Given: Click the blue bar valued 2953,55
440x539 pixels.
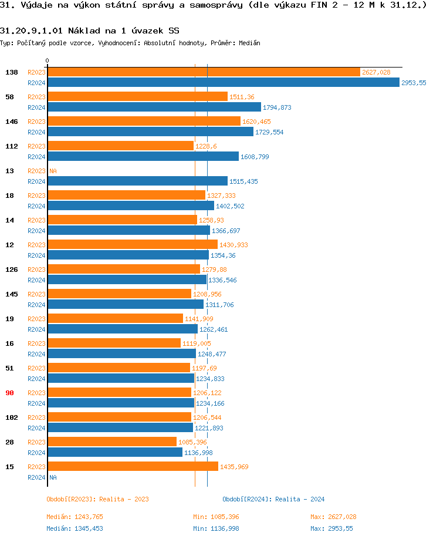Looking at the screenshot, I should [223, 83].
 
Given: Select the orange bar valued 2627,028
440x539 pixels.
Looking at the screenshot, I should [204, 72].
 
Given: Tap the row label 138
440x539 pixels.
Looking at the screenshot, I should [12, 72].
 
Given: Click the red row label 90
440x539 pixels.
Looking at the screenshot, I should [9, 393].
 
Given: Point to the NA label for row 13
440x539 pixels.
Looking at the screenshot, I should [53, 171].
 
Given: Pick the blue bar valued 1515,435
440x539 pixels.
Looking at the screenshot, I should [137, 181].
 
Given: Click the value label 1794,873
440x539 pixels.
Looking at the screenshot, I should [277, 107].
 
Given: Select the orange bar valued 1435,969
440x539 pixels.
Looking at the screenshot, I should [133, 467].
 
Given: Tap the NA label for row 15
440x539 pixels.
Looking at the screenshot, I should [53, 477].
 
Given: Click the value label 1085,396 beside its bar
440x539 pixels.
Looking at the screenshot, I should [192, 442].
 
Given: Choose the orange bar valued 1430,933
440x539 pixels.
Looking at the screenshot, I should [132, 245].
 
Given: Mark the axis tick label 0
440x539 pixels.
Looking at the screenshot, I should [48, 61].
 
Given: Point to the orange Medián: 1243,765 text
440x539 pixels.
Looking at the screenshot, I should [75, 517].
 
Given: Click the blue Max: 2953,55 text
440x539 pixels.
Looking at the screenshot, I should [331, 528].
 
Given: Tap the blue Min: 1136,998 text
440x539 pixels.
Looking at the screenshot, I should [216, 528].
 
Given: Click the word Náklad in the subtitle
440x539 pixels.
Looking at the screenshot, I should [86, 31].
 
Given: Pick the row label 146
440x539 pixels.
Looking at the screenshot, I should [12, 122].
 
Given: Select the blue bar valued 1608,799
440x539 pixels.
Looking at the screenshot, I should [143, 157].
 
